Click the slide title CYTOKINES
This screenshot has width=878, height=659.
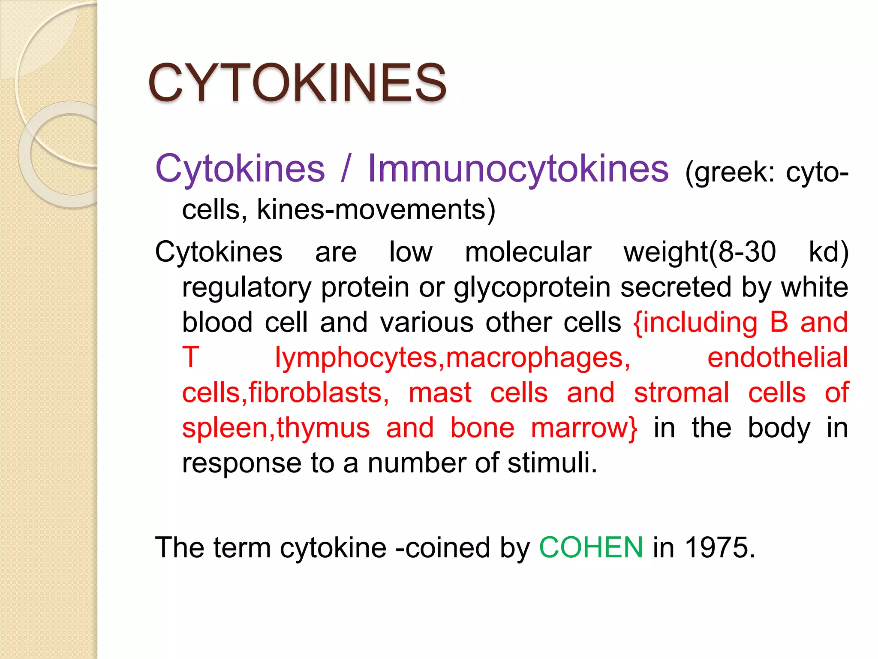tap(297, 82)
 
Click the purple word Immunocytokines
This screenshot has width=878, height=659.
tap(518, 169)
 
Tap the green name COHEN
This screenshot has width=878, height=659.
tap(591, 547)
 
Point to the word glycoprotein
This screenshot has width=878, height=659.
tap(532, 287)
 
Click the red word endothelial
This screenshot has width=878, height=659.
tap(777, 357)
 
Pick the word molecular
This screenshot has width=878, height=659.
tap(528, 252)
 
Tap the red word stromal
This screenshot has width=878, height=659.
tap(681, 393)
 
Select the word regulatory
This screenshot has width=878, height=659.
tap(247, 287)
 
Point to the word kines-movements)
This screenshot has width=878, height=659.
tap(376, 210)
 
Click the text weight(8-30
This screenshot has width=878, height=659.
tap(700, 252)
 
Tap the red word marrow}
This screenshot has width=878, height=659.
tap(584, 428)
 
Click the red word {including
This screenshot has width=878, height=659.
tap(695, 322)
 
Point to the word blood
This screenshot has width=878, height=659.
tap(217, 322)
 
